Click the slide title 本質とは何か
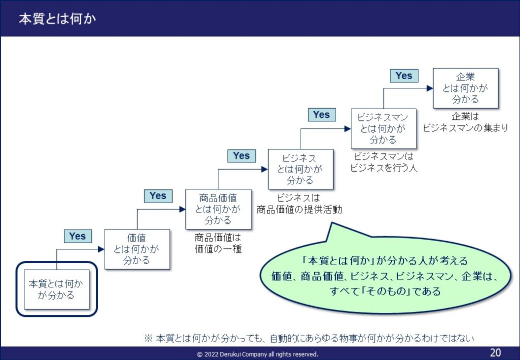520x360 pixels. tap(57, 19)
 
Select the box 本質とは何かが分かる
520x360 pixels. tap(57, 289)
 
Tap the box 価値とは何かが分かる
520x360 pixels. tap(137, 249)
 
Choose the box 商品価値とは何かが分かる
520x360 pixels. tap(218, 209)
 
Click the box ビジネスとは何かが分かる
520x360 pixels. tap(301, 169)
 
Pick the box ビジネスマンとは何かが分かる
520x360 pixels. tap(383, 128)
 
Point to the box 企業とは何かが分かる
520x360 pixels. tap(466, 88)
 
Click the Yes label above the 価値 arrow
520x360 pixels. tap(78, 236)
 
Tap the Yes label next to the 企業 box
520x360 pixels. tap(404, 76)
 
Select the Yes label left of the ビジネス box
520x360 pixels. tap(241, 156)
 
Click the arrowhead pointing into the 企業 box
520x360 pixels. tap(430, 88)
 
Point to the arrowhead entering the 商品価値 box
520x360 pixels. tap(182, 209)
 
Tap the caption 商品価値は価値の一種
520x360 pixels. tap(218, 243)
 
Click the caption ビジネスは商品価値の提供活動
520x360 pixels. tap(299, 204)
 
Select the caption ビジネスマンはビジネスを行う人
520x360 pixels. tap(384, 162)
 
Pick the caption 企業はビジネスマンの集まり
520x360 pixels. tap(465, 122)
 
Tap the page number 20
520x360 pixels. tap(496, 353)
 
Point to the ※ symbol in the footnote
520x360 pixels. tap(148, 338)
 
